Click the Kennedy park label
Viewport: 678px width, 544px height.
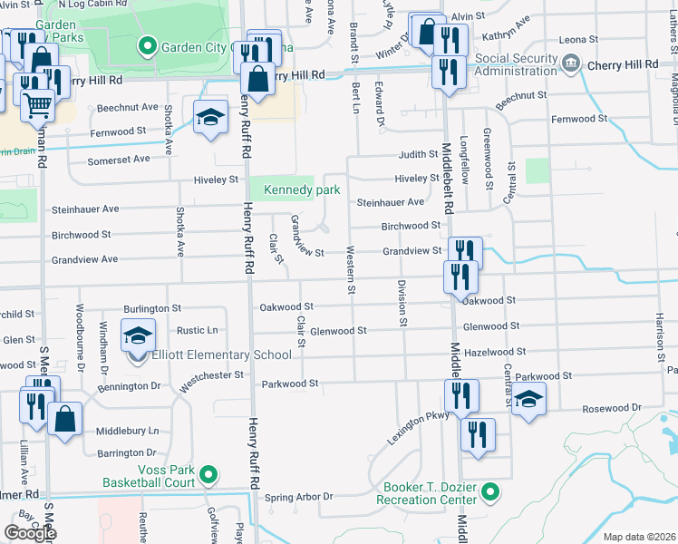point(301,190)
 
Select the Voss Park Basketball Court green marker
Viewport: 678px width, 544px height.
point(208,474)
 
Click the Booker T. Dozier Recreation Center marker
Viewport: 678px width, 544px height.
point(490,492)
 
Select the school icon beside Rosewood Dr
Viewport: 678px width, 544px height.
point(528,399)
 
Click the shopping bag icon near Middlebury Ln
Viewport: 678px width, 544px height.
point(65,420)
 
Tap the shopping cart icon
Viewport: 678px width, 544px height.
point(36,106)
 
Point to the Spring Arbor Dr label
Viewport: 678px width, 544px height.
point(298,497)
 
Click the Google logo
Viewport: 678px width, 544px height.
point(30,533)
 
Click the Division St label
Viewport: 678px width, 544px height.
point(402,303)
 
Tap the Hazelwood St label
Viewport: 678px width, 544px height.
point(495,351)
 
